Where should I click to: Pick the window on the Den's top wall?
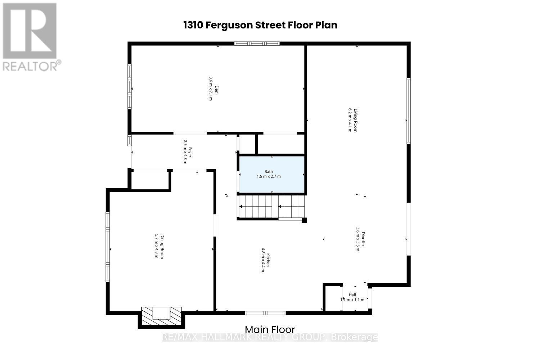[x=257, y=44]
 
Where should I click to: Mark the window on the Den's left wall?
[x=129, y=86]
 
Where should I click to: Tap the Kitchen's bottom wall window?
[x=265, y=312]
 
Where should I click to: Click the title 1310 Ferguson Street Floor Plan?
[x=260, y=25]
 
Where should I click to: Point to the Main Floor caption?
[x=270, y=329]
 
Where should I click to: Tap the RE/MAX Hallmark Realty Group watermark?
[x=270, y=337]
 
